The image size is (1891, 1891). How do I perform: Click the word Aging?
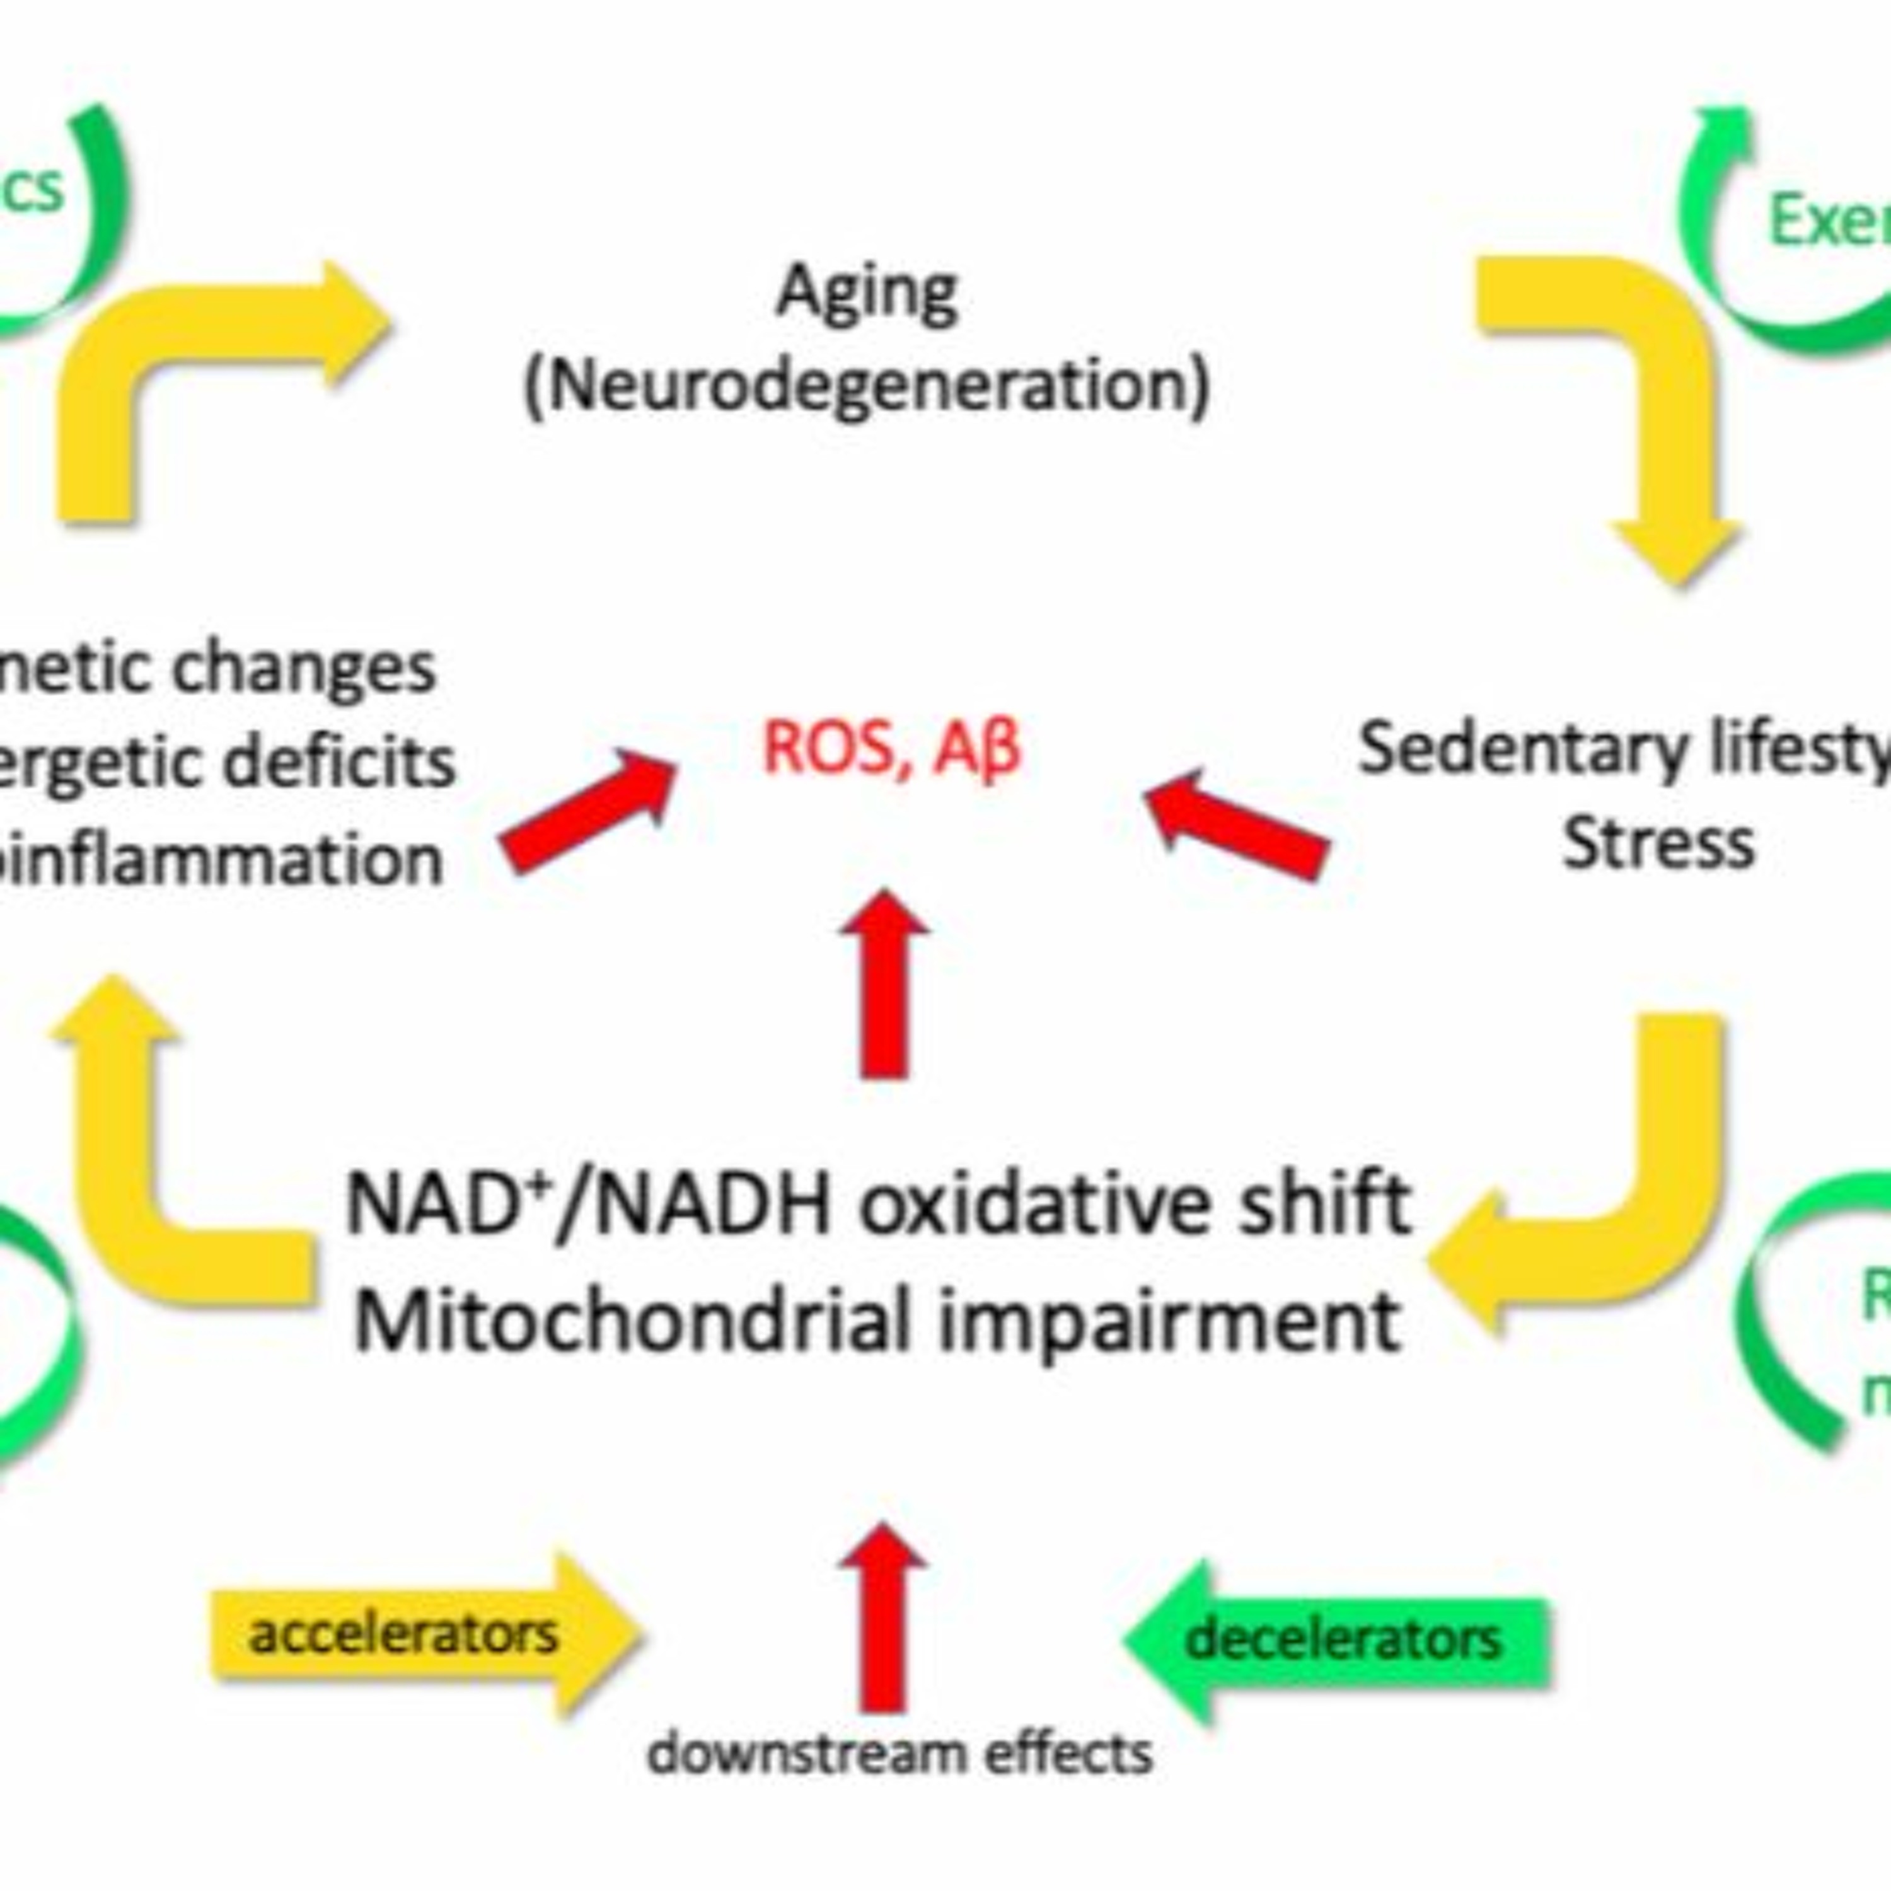867,292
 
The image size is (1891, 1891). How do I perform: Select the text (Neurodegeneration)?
867,385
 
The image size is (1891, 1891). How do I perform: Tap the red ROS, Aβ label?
891,749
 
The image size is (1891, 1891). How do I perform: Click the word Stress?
1658,844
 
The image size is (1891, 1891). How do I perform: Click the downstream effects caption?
898,1753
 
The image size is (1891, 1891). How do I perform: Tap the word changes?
303,669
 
